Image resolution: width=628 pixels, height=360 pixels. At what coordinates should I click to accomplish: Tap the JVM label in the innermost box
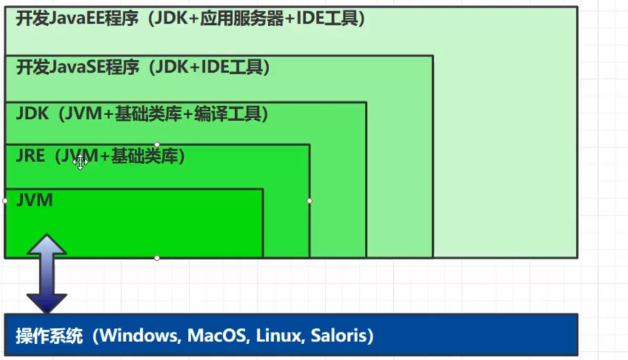coord(35,200)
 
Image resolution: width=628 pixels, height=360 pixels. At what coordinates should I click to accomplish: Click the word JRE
coord(30,156)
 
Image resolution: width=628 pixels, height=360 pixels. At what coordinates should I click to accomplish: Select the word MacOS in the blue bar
coord(217,336)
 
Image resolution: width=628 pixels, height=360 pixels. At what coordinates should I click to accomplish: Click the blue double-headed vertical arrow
coord(47,273)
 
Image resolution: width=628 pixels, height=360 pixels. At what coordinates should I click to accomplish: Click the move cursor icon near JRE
coord(80,162)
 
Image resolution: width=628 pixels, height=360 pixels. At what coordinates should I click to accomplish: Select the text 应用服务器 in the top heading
coord(242,19)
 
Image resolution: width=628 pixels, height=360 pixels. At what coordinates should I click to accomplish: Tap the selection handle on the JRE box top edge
coord(157,144)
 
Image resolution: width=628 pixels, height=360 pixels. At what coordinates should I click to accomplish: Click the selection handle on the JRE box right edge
coord(309,201)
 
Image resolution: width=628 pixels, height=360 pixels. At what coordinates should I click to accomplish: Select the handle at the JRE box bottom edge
coord(157,258)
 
